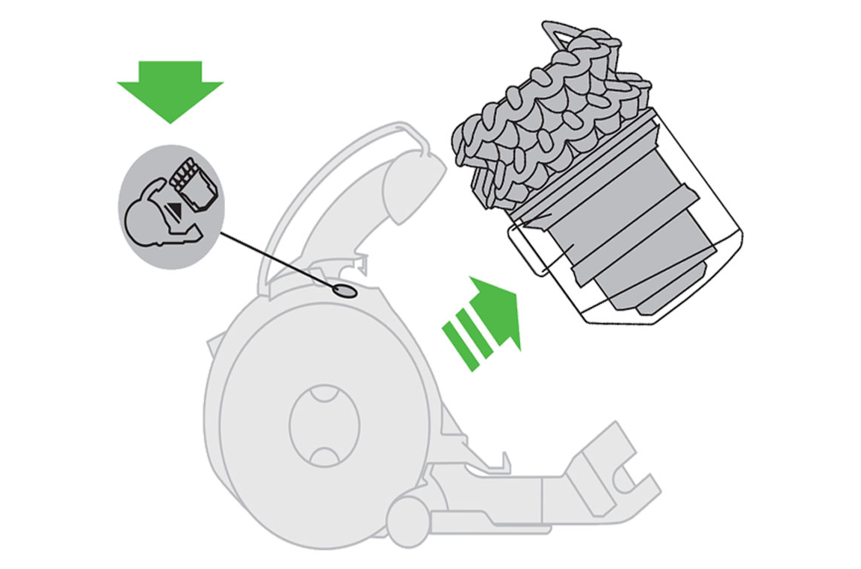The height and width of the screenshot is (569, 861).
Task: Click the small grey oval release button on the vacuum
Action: coord(344,290)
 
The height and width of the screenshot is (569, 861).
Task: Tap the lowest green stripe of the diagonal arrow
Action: coord(457,344)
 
